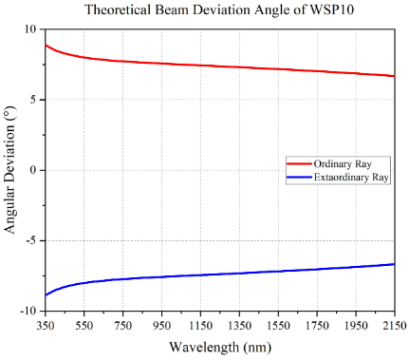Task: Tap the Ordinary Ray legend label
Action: (x=343, y=164)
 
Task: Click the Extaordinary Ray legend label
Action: (x=351, y=178)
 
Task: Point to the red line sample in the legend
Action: (x=299, y=163)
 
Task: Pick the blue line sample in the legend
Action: (x=299, y=178)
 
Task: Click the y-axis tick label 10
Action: (x=30, y=29)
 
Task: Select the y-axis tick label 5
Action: (x=33, y=100)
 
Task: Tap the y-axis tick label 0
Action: (x=33, y=170)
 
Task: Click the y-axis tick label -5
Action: (x=31, y=240)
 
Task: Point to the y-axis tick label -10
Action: (x=28, y=312)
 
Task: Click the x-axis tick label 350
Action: (x=46, y=325)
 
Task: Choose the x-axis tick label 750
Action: (x=122, y=325)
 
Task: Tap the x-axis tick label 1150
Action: (x=200, y=325)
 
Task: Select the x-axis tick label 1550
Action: (x=278, y=325)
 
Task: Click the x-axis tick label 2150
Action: (x=395, y=325)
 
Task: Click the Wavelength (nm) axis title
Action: (x=220, y=348)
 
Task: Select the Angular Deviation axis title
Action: (x=9, y=170)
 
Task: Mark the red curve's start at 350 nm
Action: (x=46, y=45)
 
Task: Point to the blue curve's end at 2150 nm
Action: (x=395, y=264)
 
